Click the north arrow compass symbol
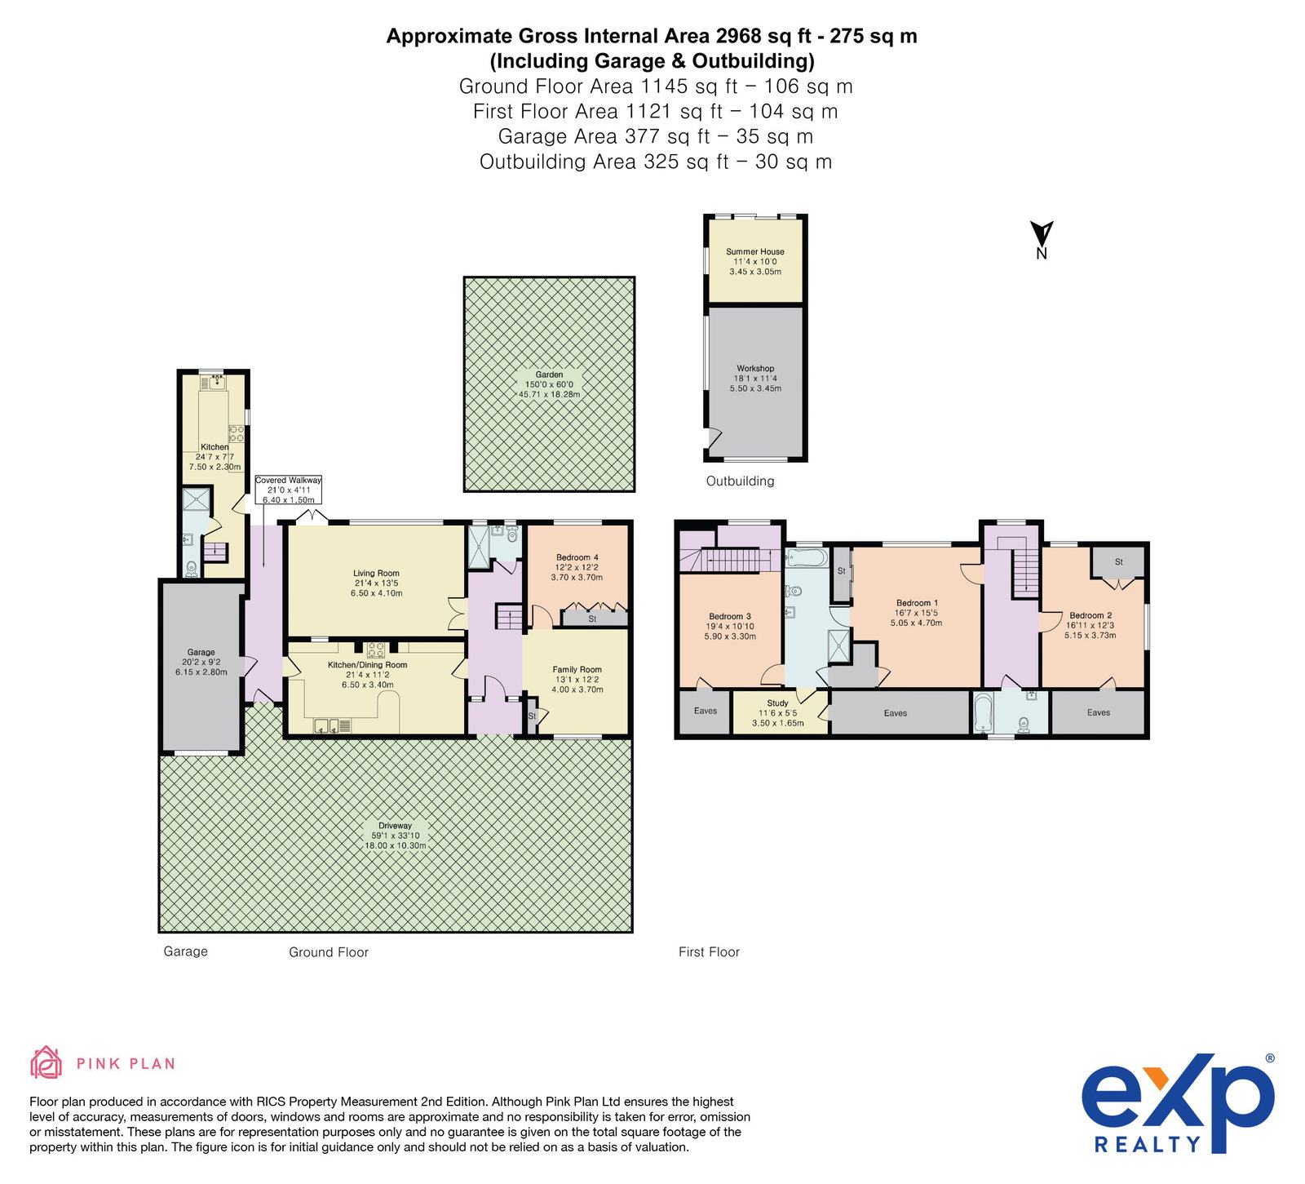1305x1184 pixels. click(x=1042, y=239)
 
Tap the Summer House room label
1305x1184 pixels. click(x=755, y=261)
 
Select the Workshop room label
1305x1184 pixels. click(x=755, y=379)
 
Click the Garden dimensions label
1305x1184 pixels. click(x=550, y=384)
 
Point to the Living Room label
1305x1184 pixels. click(x=377, y=583)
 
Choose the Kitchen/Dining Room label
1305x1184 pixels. click(x=367, y=675)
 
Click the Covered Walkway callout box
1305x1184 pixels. click(x=289, y=490)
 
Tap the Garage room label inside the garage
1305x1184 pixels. click(x=201, y=662)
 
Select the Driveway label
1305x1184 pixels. click(x=396, y=836)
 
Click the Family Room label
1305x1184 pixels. click(x=577, y=679)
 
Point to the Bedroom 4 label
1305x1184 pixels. click(x=577, y=567)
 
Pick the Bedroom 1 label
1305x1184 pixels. click(x=917, y=613)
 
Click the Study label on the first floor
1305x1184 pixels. click(x=778, y=713)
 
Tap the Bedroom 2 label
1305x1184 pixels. click(x=1091, y=625)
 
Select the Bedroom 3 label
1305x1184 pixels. click(x=731, y=626)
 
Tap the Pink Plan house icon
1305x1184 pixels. click(x=46, y=1062)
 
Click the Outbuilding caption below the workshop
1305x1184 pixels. click(x=741, y=481)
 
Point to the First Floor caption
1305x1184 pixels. click(x=709, y=951)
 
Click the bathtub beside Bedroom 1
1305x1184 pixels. click(x=807, y=559)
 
